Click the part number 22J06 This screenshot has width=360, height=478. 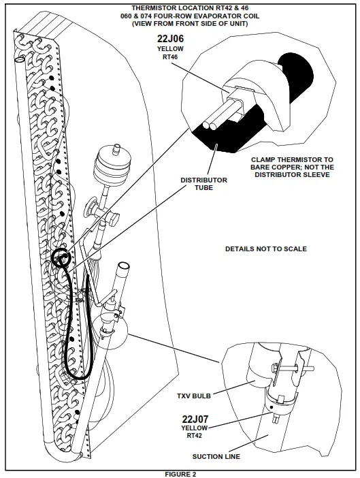pyautogui.click(x=170, y=39)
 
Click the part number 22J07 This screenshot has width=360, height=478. pyautogui.click(x=195, y=419)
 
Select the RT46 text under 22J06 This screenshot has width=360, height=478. pyautogui.click(x=170, y=58)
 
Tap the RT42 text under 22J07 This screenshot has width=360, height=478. pyautogui.click(x=195, y=436)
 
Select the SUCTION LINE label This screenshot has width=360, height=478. pyautogui.click(x=216, y=456)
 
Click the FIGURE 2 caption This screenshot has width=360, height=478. pyautogui.click(x=180, y=473)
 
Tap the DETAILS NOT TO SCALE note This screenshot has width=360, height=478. pyautogui.click(x=265, y=249)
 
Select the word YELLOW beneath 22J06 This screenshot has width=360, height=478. pyautogui.click(x=170, y=50)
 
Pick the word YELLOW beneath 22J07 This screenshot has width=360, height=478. pyautogui.click(x=195, y=428)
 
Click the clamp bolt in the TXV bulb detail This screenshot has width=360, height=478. pyautogui.click(x=286, y=370)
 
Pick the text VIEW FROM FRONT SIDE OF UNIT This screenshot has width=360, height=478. pyautogui.click(x=180, y=23)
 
